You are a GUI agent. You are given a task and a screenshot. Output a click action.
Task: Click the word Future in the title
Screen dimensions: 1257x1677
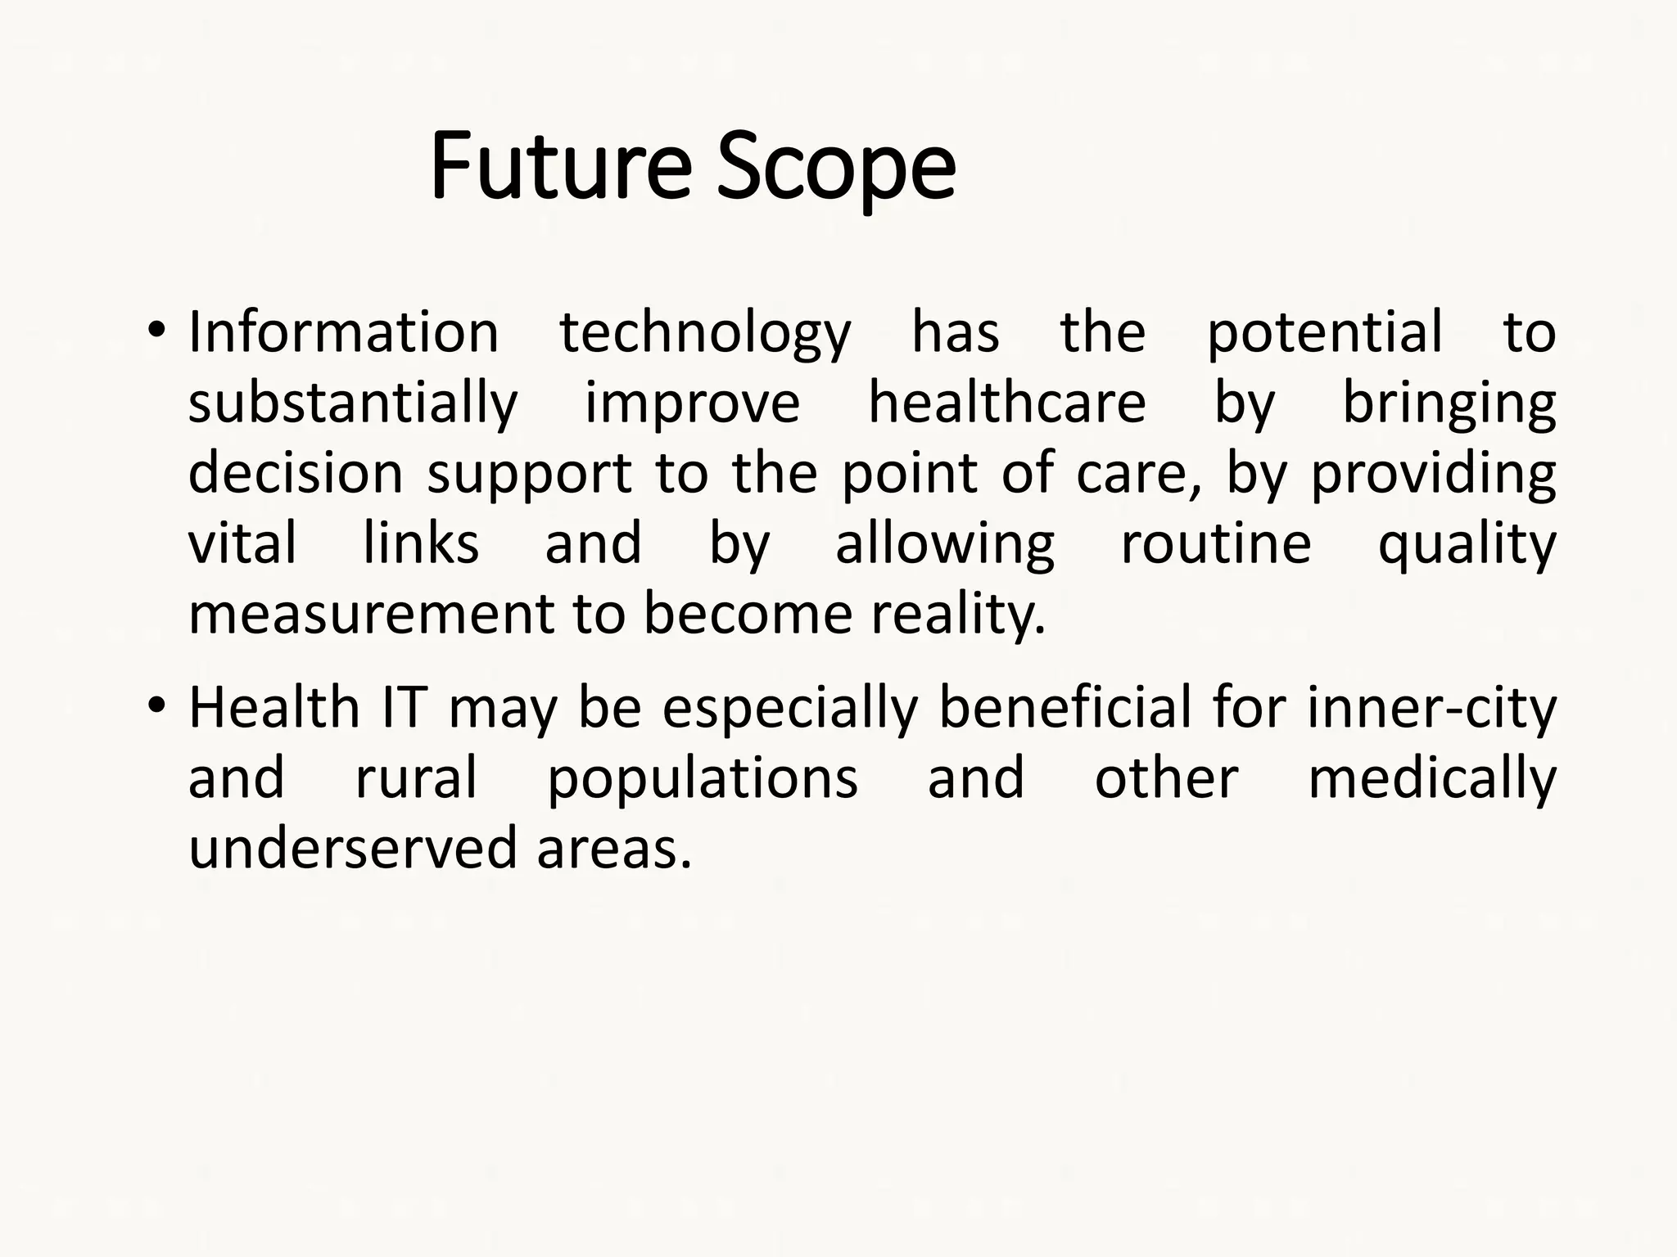(x=560, y=167)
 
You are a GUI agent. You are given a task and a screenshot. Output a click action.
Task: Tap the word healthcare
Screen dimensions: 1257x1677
(x=1006, y=403)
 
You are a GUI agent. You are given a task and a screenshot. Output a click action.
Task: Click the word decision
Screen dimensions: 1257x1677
(x=296, y=473)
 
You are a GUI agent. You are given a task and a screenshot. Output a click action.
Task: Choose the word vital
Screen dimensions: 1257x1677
(x=242, y=543)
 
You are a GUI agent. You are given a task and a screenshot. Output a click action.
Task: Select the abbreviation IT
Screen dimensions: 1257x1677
(x=404, y=708)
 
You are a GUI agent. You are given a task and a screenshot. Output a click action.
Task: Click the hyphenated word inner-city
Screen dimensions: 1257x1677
(x=1431, y=710)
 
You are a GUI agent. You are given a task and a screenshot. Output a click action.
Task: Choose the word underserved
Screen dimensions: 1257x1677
(x=353, y=849)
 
